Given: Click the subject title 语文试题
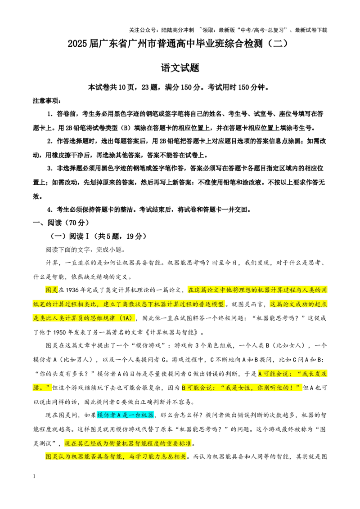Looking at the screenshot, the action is [180, 68].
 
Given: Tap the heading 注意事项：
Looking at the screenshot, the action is [47, 101].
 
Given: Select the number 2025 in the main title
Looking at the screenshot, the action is [78, 44].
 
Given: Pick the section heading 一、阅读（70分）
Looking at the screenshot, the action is [61, 223].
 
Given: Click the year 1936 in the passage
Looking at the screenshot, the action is [72, 290].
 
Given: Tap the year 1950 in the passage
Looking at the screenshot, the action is [59, 332].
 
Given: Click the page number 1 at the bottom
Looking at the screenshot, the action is [34, 476].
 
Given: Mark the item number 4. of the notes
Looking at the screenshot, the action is [49, 210].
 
